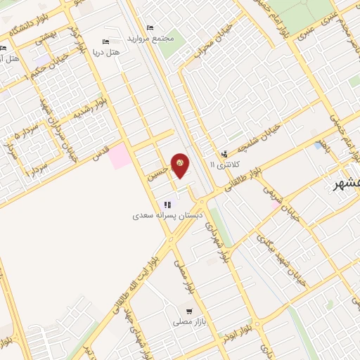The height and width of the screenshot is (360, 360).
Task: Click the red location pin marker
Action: (180, 165)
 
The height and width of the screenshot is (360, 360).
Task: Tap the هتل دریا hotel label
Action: (106, 52)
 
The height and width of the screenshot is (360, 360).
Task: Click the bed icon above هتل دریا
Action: (106, 41)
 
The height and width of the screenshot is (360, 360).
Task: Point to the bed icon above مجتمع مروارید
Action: (149, 27)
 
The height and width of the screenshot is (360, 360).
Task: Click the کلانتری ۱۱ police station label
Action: (225, 164)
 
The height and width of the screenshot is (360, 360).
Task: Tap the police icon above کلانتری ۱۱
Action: (224, 153)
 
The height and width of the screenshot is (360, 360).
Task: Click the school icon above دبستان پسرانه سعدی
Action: (167, 205)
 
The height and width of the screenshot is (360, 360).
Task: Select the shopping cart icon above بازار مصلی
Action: (189, 310)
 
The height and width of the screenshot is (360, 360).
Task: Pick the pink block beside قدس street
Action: (119, 155)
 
